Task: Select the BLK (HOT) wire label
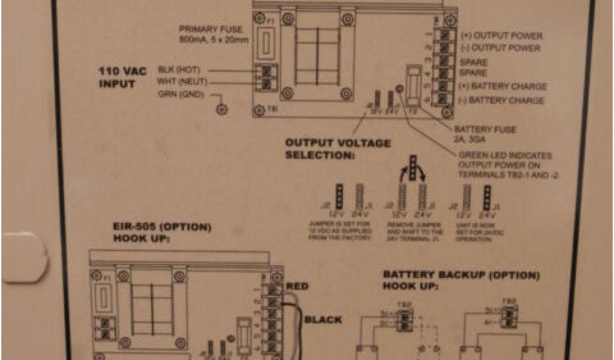(x=179, y=70)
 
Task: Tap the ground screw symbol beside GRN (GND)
(x=222, y=109)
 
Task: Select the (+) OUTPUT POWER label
(x=501, y=36)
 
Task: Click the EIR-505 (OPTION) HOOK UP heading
(x=162, y=233)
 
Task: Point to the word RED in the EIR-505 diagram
(x=298, y=286)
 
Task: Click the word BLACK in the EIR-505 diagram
(x=323, y=319)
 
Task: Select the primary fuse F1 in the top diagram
(x=267, y=45)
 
